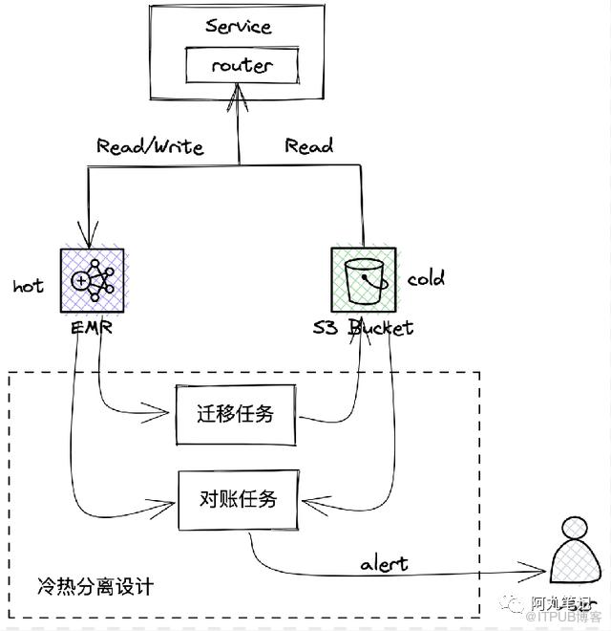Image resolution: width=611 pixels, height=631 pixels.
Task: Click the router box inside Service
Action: coord(242,66)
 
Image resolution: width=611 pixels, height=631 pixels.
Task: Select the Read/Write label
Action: coord(150,146)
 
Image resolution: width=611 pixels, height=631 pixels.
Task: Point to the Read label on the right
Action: coord(308,146)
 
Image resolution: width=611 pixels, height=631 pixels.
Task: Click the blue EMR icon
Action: coord(92,280)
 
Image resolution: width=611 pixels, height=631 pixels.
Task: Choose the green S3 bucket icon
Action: coord(363,279)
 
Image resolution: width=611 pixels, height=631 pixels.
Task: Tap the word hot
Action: coord(29,285)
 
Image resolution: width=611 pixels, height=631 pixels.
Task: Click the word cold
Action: coord(426,279)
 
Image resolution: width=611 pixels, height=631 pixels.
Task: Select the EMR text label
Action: coord(93,328)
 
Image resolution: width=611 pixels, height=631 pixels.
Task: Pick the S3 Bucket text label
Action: coord(364,328)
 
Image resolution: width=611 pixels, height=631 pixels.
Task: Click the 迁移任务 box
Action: coord(236,414)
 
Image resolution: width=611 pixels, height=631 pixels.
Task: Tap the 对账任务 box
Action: coord(239,498)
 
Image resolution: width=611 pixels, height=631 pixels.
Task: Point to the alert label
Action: coord(384,563)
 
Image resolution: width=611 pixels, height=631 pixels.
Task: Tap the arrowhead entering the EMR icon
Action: coord(88,240)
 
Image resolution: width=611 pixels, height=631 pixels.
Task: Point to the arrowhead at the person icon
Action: coord(545,577)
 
